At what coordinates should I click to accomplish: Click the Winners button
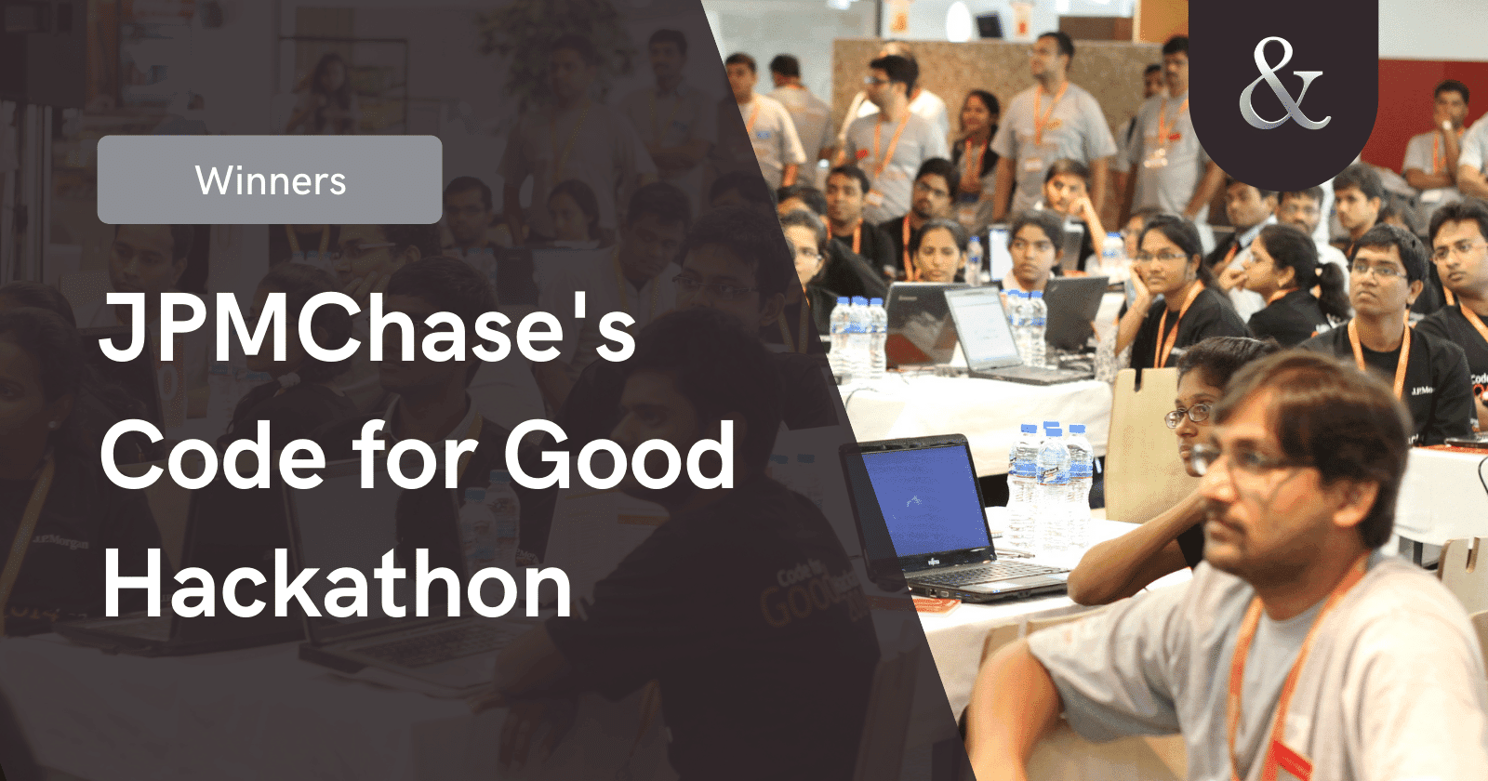270,179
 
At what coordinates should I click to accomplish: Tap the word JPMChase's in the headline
367,328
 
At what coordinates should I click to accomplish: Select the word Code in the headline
212,457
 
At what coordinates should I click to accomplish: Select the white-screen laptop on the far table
986,330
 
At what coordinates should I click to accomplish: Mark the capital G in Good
540,457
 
